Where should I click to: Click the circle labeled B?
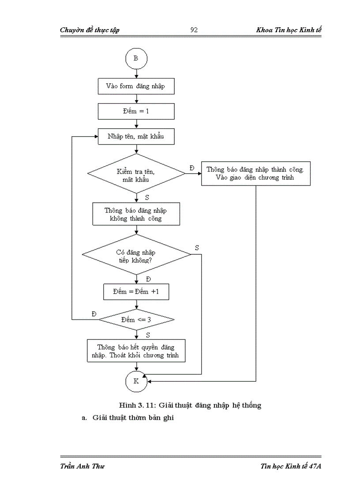[x=136, y=59]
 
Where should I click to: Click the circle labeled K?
[x=136, y=381]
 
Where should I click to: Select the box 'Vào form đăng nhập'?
[x=136, y=86]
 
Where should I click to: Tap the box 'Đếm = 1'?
[x=136, y=112]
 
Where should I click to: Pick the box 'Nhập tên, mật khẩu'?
[x=136, y=137]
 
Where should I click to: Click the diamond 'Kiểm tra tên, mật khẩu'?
[x=136, y=174]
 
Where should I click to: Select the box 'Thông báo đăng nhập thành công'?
[x=256, y=174]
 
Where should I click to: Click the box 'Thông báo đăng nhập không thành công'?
[x=136, y=214]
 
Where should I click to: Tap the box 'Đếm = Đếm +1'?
[x=136, y=292]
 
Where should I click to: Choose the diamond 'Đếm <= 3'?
[x=136, y=320]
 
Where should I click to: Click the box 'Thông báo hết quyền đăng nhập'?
[x=136, y=351]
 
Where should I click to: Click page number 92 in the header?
[x=194, y=30]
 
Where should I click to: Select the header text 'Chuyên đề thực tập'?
[x=90, y=30]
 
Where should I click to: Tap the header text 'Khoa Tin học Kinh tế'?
[x=289, y=30]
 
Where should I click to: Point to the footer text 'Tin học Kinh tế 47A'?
[x=290, y=467]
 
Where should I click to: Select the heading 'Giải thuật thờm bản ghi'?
[x=133, y=418]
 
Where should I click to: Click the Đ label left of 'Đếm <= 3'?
[x=94, y=313]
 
